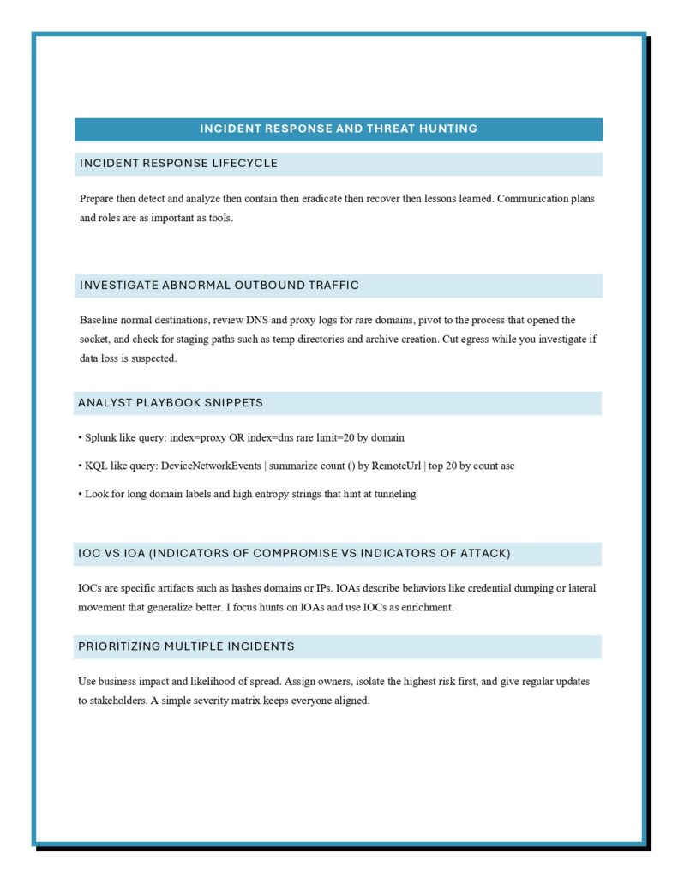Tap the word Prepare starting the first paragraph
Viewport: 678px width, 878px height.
(98, 199)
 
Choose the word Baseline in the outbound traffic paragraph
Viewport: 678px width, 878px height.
(99, 320)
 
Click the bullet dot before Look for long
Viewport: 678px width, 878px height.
(81, 494)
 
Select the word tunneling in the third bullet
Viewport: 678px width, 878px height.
(392, 494)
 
